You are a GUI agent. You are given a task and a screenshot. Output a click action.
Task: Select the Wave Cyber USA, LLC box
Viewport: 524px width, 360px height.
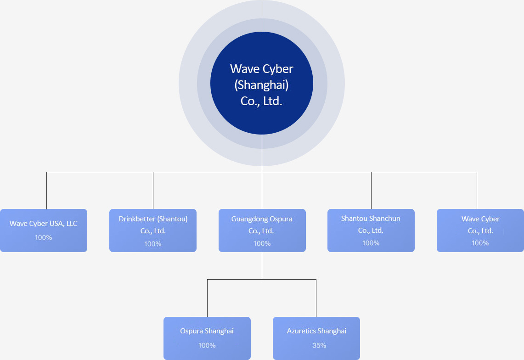click(44, 231)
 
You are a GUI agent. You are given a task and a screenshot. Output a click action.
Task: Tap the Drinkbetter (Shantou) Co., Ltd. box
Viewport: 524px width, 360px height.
click(153, 231)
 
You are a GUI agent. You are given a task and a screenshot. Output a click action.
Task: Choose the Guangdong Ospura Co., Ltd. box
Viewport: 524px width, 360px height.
click(262, 231)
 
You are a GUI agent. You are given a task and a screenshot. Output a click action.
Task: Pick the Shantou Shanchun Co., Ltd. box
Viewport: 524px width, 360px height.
click(371, 231)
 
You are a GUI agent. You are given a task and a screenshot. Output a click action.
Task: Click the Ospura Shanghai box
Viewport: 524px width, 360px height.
click(207, 338)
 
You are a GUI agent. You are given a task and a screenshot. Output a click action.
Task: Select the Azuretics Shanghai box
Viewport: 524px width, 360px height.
click(316, 338)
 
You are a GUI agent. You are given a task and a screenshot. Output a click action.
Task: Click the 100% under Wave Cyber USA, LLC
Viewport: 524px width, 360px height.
click(44, 238)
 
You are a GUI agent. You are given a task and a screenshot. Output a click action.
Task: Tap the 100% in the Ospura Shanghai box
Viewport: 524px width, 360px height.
click(207, 345)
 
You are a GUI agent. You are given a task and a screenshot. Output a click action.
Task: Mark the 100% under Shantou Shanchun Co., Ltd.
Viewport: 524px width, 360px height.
click(371, 243)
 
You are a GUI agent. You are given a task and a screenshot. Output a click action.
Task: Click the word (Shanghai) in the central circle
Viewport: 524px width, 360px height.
click(261, 85)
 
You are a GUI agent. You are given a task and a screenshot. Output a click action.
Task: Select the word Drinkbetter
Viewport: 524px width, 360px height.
click(137, 219)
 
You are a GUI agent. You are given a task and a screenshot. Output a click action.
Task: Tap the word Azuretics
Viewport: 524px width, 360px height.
click(301, 331)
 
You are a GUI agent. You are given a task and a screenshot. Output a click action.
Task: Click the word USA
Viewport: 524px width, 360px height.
click(56, 224)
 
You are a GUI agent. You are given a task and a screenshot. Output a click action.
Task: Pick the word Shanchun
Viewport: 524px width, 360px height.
click(384, 219)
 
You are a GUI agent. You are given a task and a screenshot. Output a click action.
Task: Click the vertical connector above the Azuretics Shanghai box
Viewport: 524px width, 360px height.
click(316, 298)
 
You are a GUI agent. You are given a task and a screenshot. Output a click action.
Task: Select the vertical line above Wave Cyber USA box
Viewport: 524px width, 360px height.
click(46, 191)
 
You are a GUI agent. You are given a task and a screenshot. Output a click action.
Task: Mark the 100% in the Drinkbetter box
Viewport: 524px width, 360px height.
click(153, 244)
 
